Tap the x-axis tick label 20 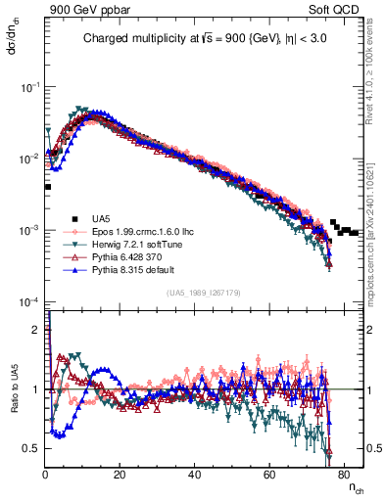tap(120, 474)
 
